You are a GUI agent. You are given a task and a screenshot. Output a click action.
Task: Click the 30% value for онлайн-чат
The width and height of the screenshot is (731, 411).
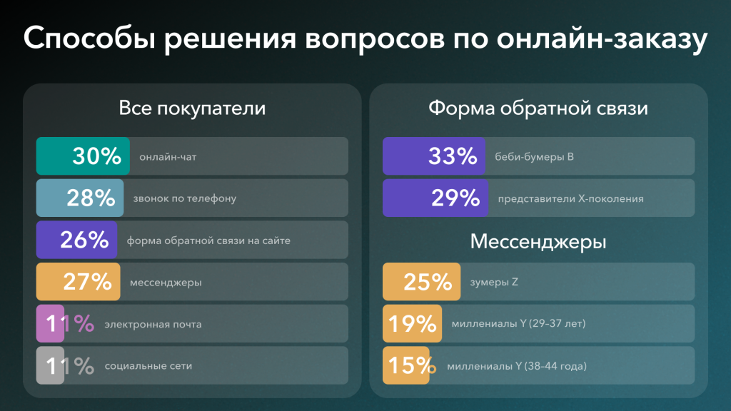coord(97,156)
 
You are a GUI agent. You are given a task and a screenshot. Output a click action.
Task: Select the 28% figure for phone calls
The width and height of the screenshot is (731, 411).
coord(91,198)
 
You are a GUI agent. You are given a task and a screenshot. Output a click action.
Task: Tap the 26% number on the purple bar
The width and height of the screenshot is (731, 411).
coord(84,240)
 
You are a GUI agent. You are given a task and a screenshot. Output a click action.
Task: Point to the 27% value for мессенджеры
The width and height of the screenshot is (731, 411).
coord(88,283)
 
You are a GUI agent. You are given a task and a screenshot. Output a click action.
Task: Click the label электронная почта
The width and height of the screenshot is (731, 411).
coord(153,325)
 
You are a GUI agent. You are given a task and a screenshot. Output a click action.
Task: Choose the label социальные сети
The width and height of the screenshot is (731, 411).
coord(148,366)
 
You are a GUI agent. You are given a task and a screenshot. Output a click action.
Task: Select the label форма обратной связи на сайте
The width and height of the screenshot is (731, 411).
coord(208,240)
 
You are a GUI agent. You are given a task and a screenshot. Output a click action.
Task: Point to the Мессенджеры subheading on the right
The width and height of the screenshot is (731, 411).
coord(538,242)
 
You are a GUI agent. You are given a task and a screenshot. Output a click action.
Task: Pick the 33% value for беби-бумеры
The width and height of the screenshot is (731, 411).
coord(453,156)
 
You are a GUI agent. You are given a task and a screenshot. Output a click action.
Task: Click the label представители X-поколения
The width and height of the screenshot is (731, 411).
coord(570,198)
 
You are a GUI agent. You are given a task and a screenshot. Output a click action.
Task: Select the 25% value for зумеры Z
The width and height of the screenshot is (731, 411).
coord(428,283)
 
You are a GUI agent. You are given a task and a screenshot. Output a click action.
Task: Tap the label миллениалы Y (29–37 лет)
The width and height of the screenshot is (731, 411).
coord(518,325)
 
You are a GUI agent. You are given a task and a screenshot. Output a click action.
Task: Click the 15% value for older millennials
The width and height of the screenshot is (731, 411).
coord(411,366)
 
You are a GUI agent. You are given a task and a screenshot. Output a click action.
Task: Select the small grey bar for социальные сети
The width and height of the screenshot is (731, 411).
coord(50,366)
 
